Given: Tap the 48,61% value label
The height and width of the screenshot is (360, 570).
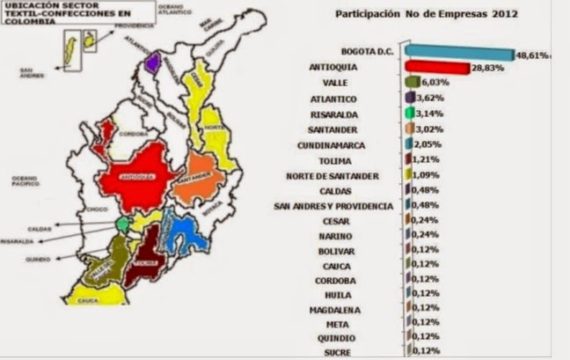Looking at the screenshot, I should tap(533, 55).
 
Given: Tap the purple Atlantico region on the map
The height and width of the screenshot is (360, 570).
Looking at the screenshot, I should tap(153, 63).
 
